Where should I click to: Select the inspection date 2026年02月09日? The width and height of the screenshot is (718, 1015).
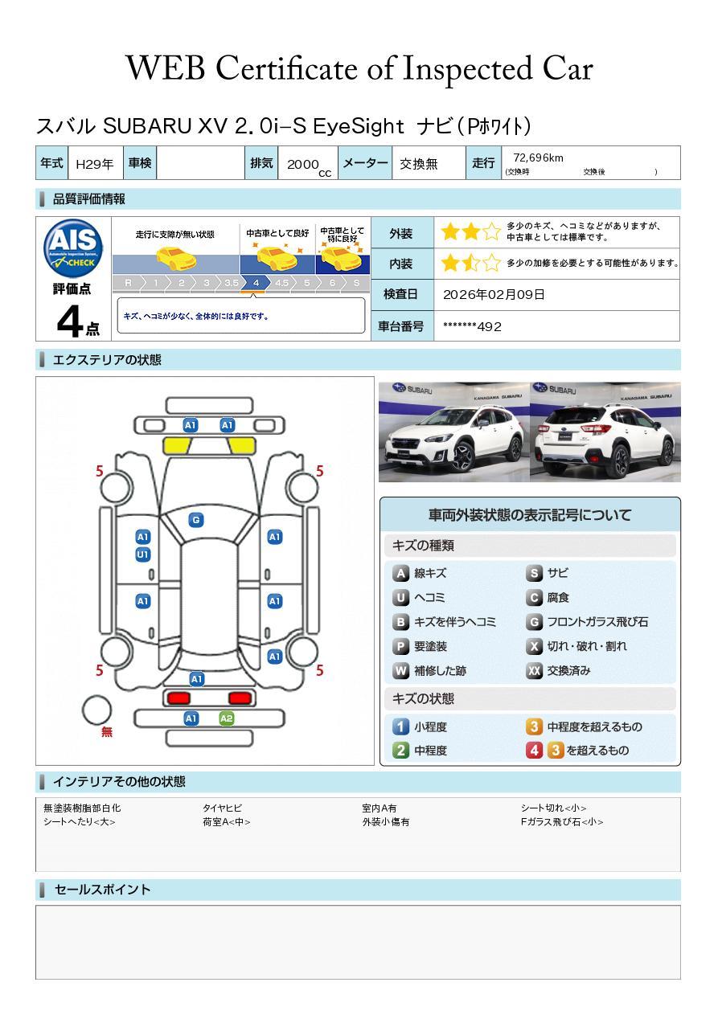494,294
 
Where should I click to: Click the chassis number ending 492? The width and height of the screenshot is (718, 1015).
472,326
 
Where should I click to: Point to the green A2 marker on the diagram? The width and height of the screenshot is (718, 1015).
227,718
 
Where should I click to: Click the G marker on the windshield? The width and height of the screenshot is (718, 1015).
195,520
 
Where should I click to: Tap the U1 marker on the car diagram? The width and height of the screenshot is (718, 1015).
142,555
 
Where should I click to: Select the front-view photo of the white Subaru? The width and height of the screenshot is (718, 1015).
453,432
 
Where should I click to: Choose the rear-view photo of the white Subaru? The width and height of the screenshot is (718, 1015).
605,432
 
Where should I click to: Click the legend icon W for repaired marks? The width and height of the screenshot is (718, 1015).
400,670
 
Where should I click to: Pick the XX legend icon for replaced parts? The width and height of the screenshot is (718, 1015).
535,670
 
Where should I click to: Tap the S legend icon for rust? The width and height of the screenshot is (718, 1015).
535,573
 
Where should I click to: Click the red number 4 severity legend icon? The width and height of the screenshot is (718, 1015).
535,750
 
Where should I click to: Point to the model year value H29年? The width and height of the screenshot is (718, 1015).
94,164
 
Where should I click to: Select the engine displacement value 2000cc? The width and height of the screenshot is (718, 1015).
308,166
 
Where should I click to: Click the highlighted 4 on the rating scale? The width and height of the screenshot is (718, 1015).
256,283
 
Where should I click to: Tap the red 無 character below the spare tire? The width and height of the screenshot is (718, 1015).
107,732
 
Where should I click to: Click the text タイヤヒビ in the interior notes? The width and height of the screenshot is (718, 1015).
222,808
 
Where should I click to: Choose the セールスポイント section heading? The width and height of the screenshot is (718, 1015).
102,890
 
